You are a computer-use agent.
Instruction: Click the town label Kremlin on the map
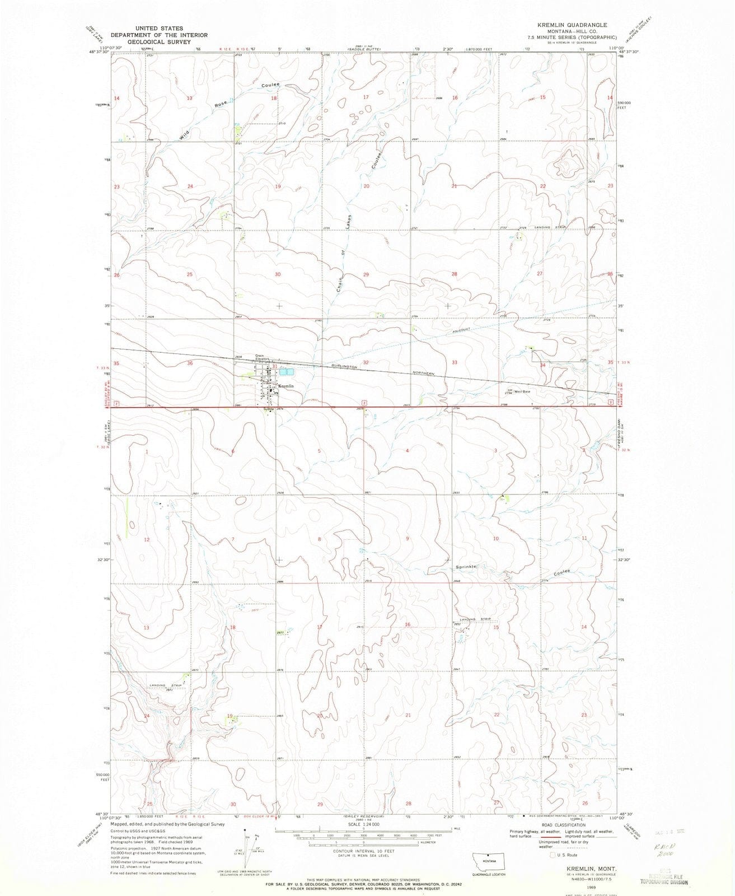(x=285, y=386)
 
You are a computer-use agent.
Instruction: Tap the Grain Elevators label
(x=263, y=357)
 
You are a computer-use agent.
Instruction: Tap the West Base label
(x=522, y=391)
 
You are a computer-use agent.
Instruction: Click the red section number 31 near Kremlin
(x=275, y=366)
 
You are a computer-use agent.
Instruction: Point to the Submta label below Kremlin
(x=269, y=408)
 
